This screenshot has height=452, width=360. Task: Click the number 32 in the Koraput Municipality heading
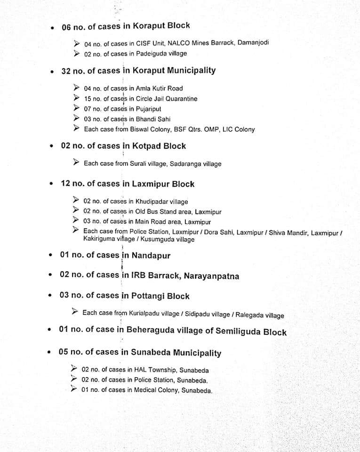pyautogui.click(x=66, y=71)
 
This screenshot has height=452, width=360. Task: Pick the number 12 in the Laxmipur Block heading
pyautogui.click(x=65, y=184)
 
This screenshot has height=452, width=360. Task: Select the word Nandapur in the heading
pyautogui.click(x=151, y=256)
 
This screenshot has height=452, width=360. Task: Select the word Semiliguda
pyautogui.click(x=238, y=331)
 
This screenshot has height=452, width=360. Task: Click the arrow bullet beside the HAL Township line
pyautogui.click(x=74, y=369)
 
